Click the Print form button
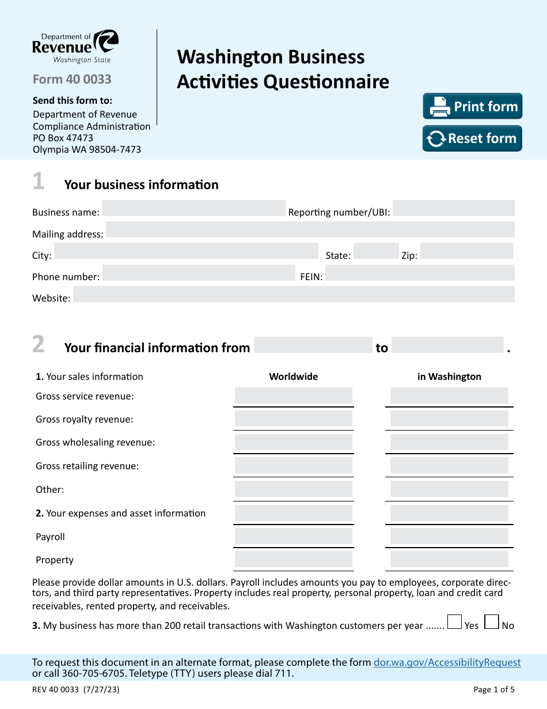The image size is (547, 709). coord(472,107)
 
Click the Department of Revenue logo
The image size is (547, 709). coord(75,47)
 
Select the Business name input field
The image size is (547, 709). coord(193,209)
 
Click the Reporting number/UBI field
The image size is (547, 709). coord(453,209)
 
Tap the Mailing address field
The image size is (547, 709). coord(310,230)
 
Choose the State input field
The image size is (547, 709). coord(375,251)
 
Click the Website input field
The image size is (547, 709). coord(294,295)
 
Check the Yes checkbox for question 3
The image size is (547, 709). coord(455,622)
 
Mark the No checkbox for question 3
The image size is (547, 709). coord(491,622)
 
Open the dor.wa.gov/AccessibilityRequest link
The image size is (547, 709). coord(447,663)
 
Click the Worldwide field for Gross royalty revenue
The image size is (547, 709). coord(294,419)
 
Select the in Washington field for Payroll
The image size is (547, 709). coord(449,537)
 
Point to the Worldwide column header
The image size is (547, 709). coord(294,376)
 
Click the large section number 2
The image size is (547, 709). coord(38,345)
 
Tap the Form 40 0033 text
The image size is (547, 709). coord(72,80)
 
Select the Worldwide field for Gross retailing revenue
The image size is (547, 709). coord(294,466)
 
